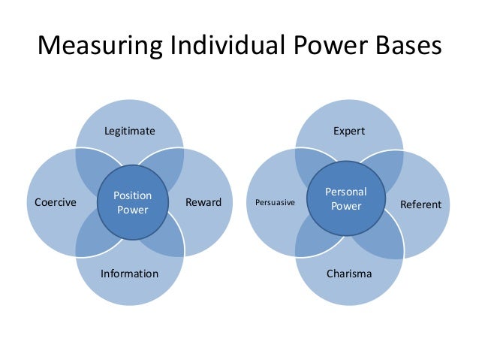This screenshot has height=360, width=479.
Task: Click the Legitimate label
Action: tap(129, 132)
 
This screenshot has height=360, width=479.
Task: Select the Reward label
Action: tap(203, 202)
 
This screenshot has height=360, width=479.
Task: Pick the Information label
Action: tap(129, 274)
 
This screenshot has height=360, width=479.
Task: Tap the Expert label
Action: tap(349, 132)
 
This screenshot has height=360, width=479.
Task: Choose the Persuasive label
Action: tap(276, 203)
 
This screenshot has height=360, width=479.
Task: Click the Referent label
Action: tap(420, 204)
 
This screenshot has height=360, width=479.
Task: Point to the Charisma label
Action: tap(349, 274)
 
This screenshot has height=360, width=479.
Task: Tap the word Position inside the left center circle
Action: tap(132, 196)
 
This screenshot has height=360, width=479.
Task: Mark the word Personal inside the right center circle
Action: tap(346, 193)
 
